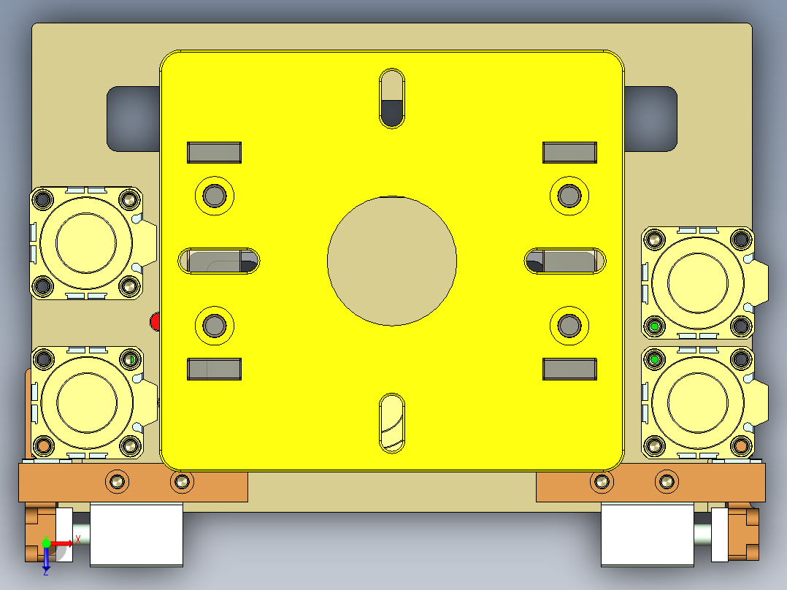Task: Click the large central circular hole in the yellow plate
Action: tap(392, 260)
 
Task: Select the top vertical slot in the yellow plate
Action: tap(392, 99)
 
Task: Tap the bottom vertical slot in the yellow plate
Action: tap(392, 423)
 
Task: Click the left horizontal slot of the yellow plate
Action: tap(219, 261)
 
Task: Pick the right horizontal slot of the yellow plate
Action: tap(567, 261)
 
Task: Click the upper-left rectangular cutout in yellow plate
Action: tap(215, 153)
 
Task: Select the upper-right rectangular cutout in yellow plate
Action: tap(569, 153)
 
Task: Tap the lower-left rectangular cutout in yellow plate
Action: tap(215, 369)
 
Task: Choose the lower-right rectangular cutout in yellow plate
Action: tap(569, 369)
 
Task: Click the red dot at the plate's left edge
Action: tap(154, 322)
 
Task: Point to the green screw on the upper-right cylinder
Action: tap(655, 326)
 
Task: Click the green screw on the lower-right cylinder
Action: tap(655, 360)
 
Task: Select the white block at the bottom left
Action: tap(136, 534)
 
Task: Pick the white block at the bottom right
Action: tap(647, 534)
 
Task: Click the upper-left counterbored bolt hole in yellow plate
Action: tap(215, 195)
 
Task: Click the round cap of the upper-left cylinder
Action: tap(87, 242)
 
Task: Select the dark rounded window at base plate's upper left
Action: tap(133, 119)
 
